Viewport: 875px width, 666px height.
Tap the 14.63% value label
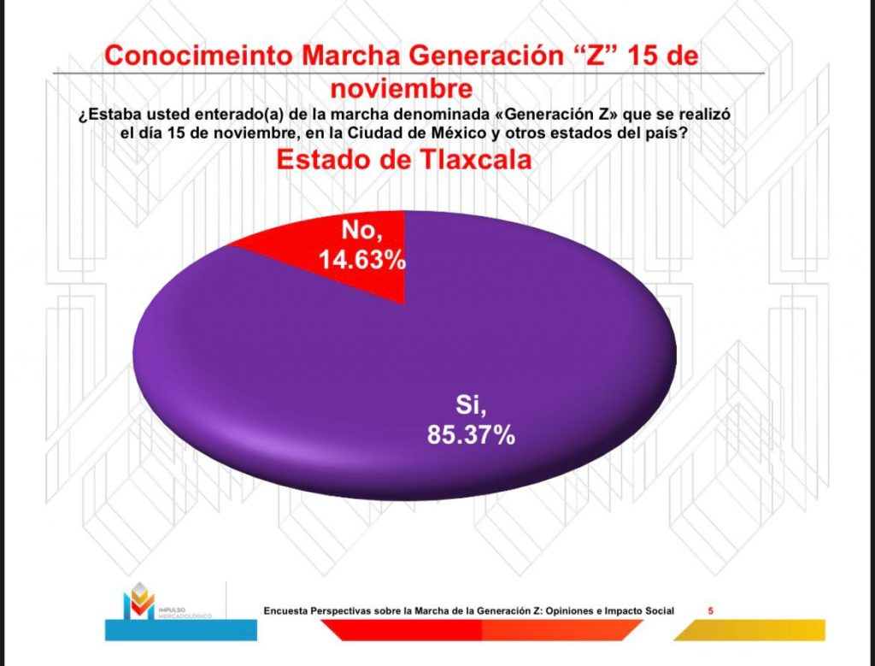point(362,258)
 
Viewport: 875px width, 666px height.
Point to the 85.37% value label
point(471,434)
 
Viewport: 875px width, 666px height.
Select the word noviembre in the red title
point(402,89)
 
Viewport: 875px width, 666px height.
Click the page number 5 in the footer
point(712,610)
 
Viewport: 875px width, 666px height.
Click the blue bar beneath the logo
point(180,630)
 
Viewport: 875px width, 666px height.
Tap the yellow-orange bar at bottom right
point(752,630)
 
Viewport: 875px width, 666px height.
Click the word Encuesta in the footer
point(286,610)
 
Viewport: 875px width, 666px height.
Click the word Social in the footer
point(657,610)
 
